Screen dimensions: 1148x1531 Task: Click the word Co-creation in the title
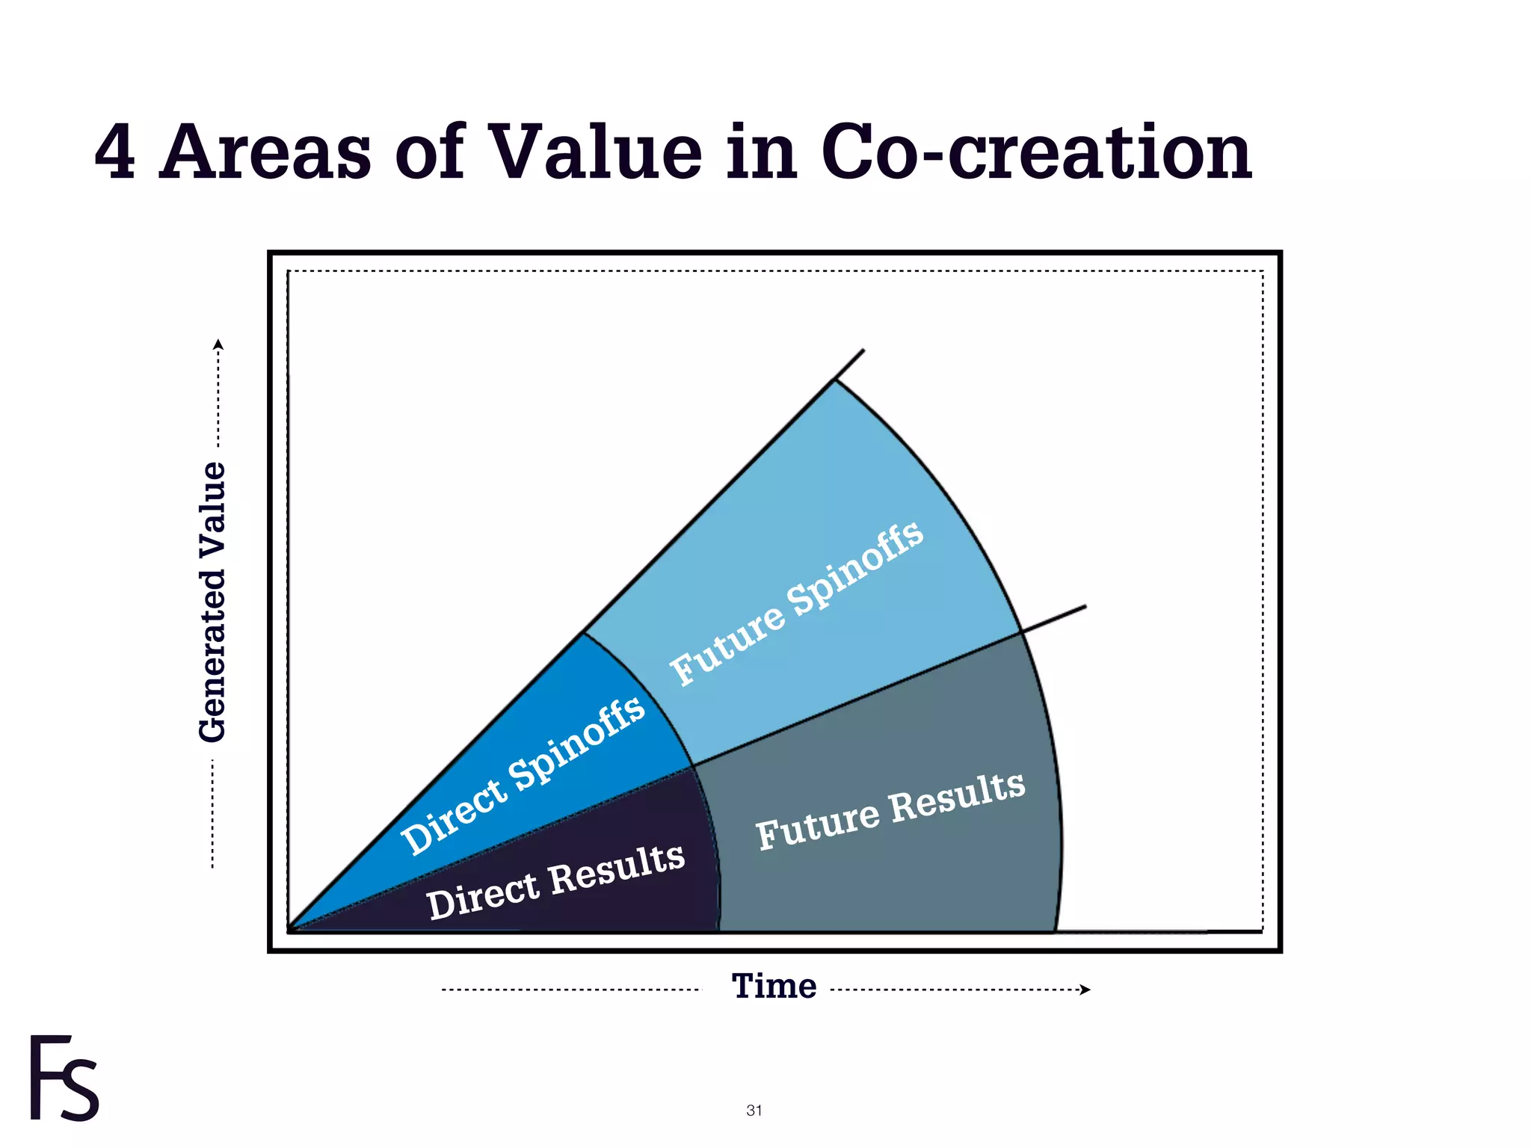pyautogui.click(x=1035, y=152)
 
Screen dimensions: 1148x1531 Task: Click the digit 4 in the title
pyautogui.click(x=116, y=152)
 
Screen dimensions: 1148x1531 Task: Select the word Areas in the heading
pyautogui.click(x=265, y=152)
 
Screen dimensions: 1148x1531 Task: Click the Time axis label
pyautogui.click(x=774, y=986)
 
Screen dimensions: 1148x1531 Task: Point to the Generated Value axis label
pyautogui.click(x=212, y=602)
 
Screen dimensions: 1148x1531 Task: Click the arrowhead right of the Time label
pyautogui.click(x=1086, y=990)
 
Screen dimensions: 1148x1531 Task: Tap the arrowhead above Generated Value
pyautogui.click(x=218, y=345)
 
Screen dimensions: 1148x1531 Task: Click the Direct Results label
pyautogui.click(x=555, y=881)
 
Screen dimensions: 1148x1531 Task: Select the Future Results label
pyautogui.click(x=890, y=810)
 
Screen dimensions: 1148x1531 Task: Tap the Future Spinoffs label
pyautogui.click(x=797, y=602)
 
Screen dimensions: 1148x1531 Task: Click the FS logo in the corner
pyautogui.click(x=64, y=1078)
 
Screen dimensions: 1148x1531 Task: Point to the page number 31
pyautogui.click(x=754, y=1110)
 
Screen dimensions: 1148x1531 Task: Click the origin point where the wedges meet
pyautogui.click(x=291, y=931)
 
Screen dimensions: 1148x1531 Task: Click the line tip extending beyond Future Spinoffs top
pyautogui.click(x=863, y=351)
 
